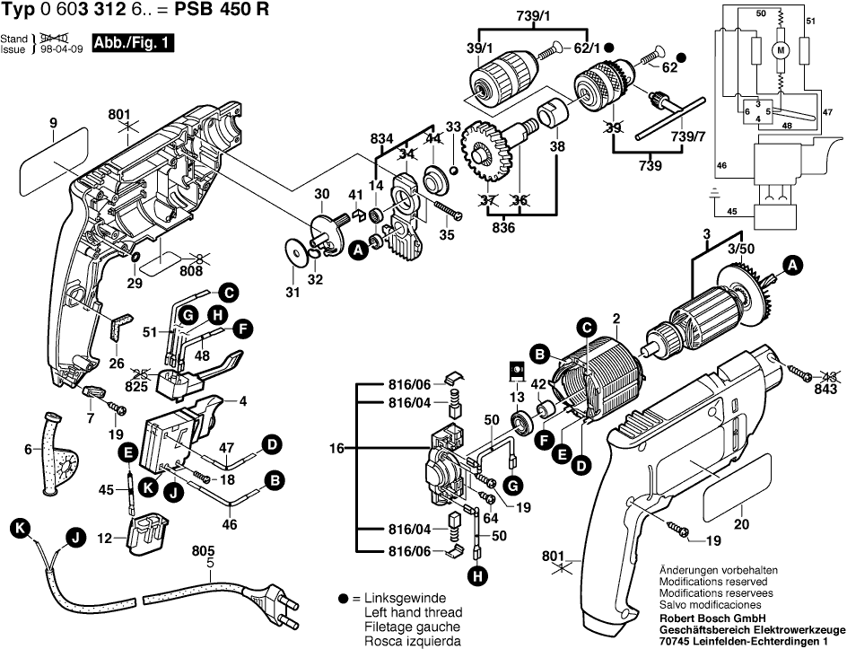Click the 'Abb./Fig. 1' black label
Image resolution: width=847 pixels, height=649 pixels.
pyautogui.click(x=133, y=44)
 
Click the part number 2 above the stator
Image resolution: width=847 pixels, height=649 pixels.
pyautogui.click(x=616, y=318)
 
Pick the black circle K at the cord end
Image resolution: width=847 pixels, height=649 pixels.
pyautogui.click(x=19, y=529)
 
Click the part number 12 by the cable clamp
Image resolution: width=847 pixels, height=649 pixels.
pyautogui.click(x=104, y=539)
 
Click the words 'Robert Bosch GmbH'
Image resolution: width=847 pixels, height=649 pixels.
pyautogui.click(x=706, y=619)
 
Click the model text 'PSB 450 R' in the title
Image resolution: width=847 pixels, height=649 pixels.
pyautogui.click(x=224, y=11)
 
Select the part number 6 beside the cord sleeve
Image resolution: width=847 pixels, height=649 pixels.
pyautogui.click(x=27, y=450)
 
